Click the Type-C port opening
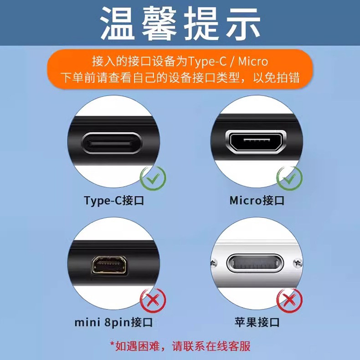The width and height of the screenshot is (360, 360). coord(112,143)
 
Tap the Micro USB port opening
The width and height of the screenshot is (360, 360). coord(256,142)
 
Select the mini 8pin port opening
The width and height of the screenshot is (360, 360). coord(109,265)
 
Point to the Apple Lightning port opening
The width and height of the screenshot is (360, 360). coord(255,263)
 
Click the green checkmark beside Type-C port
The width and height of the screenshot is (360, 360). coord(153,178)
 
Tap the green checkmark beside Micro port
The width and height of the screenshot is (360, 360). coord(289,178)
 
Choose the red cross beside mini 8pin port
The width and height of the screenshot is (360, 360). coord(153,300)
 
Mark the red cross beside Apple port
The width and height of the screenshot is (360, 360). coord(289,300)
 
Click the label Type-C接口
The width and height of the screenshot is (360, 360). coord(114,201)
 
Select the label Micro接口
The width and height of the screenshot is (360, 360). coord(257,201)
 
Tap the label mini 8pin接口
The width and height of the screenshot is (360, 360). coord(113,322)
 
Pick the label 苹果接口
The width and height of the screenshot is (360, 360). coord(257,322)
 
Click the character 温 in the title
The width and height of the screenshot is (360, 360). coord(118,23)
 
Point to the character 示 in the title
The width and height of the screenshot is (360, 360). coord(243,23)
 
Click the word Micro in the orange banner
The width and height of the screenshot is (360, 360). coord(253,62)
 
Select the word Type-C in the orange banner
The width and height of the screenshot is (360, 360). coord(207,62)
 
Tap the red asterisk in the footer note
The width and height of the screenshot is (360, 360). coord(112,344)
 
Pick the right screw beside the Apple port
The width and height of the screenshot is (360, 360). coord(298,262)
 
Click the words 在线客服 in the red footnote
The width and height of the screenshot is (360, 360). coord(228,346)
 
